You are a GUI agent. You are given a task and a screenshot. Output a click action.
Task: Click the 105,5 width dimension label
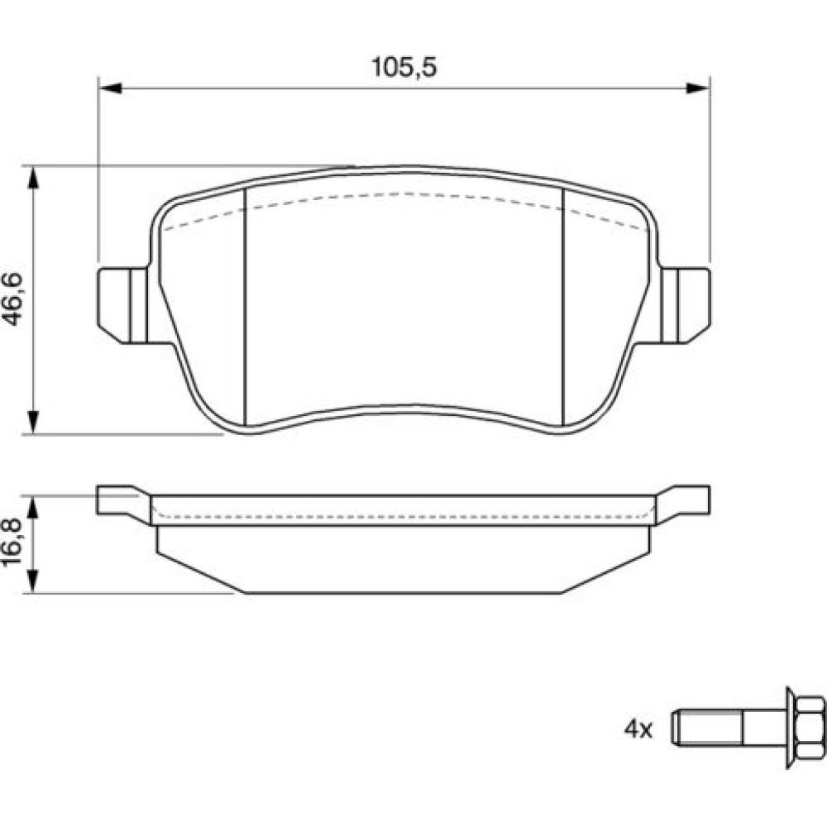(x=404, y=68)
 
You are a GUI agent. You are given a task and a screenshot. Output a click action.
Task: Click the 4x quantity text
(x=638, y=729)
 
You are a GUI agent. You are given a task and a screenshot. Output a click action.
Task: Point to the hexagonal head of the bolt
(x=809, y=729)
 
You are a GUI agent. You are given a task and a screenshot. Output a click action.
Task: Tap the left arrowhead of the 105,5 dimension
(x=110, y=88)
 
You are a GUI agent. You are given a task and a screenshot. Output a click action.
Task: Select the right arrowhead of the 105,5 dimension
(x=698, y=88)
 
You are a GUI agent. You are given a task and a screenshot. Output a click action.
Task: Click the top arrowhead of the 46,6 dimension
(x=33, y=179)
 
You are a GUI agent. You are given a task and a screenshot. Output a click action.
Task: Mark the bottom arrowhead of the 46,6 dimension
(x=33, y=423)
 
